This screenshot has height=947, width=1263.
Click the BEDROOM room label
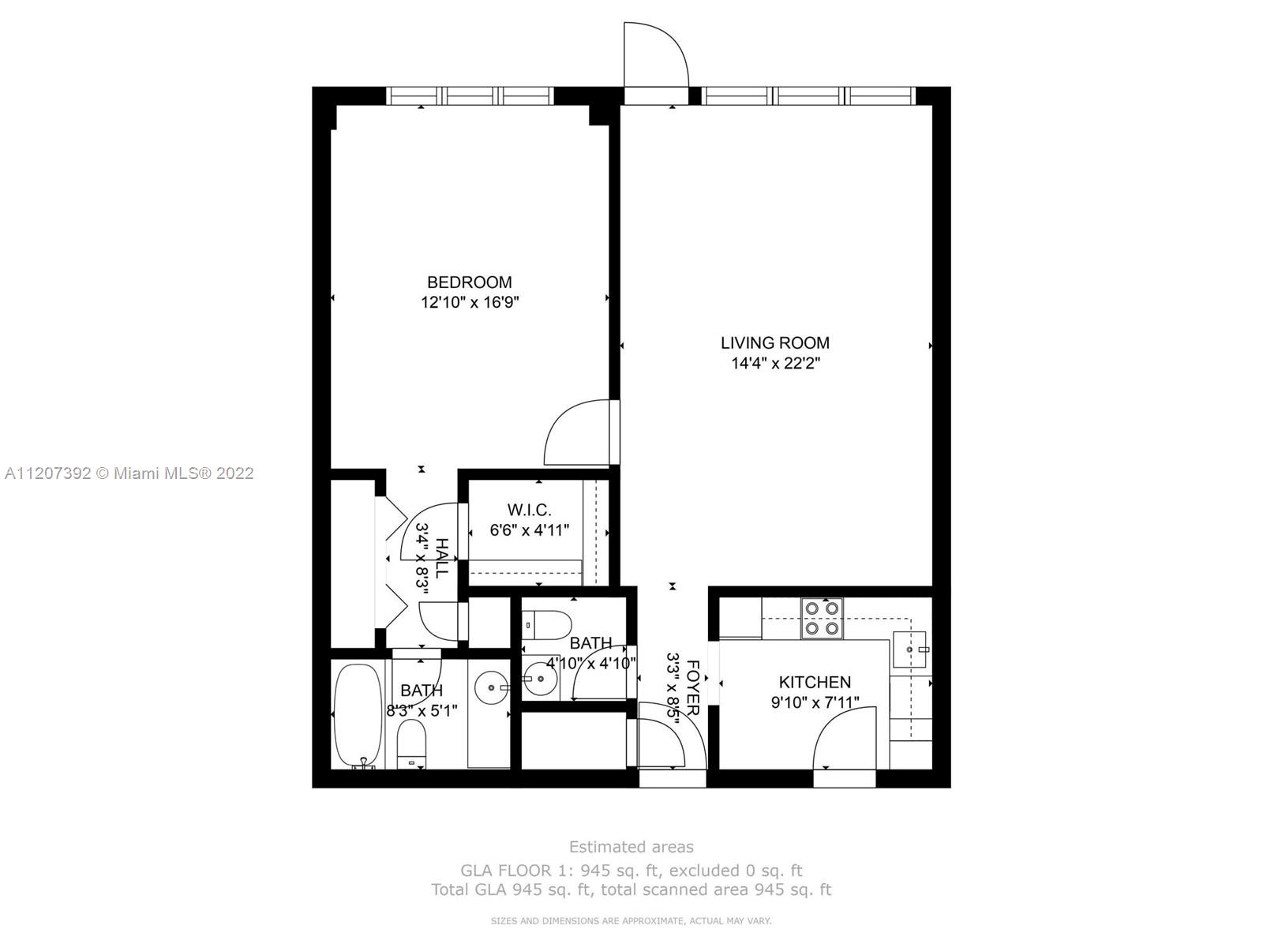469,283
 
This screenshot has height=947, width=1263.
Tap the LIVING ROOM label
774,342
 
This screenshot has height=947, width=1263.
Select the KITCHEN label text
814,682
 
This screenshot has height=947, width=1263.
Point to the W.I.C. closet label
529,510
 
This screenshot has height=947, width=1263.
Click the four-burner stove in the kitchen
822,618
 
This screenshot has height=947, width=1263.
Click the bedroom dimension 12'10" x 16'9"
470,302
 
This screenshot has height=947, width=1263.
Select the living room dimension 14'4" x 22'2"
774,363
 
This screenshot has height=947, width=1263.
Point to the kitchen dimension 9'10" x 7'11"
815,702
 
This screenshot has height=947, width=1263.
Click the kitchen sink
909,649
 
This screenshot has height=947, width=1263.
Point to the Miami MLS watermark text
129,473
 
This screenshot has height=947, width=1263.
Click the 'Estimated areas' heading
631,847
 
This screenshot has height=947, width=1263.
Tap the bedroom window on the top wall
470,96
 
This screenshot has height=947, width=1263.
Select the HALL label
441,558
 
